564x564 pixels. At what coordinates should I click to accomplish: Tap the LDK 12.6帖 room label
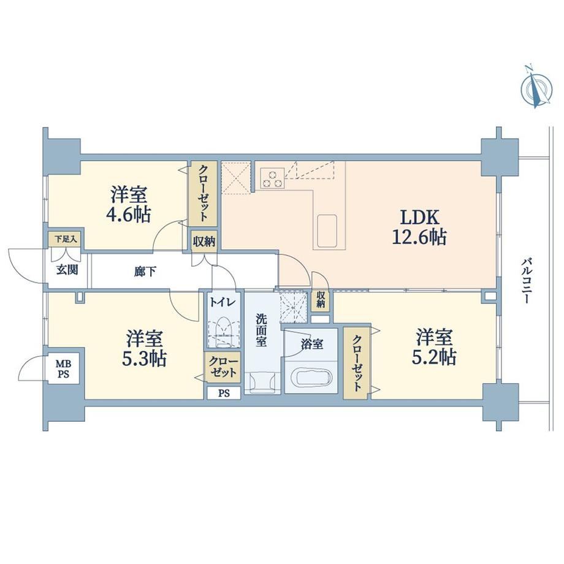[x=419, y=227]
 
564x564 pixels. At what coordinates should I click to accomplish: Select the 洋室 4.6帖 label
[x=128, y=205]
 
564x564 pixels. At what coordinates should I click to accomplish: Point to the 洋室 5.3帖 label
[x=144, y=349]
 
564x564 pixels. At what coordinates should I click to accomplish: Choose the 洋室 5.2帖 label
[x=434, y=348]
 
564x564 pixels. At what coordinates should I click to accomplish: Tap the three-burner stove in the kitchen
[x=272, y=178]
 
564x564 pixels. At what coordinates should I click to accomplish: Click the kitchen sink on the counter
[x=327, y=231]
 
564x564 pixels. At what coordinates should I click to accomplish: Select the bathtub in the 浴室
[x=311, y=378]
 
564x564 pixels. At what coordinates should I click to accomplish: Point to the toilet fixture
[x=224, y=332]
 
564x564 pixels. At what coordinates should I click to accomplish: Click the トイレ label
[x=223, y=302]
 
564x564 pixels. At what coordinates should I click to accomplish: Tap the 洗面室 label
[x=261, y=330]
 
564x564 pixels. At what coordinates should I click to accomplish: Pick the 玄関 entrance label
[x=67, y=270]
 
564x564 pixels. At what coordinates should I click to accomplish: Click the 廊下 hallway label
[x=145, y=272]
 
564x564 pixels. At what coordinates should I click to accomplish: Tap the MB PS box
[x=63, y=370]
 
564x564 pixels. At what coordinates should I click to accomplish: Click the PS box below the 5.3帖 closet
[x=224, y=393]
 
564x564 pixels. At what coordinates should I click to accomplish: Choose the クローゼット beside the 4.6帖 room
[x=204, y=194]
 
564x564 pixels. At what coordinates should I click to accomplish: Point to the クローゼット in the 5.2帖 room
[x=356, y=362]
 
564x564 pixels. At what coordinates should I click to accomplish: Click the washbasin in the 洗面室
[x=262, y=381]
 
